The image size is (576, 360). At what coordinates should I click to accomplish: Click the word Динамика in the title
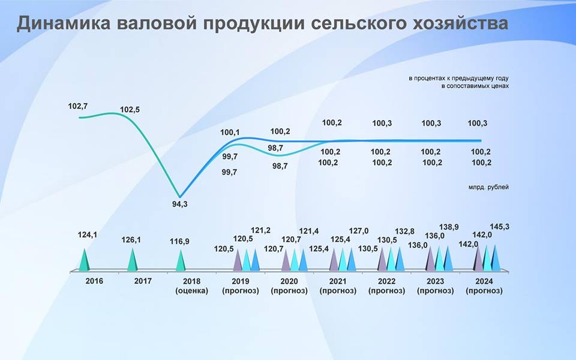[x=63, y=23]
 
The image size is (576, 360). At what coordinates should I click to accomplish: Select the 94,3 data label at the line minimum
[x=179, y=204]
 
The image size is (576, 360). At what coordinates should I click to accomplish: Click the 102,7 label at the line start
[x=78, y=106]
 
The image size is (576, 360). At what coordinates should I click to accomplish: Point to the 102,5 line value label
[x=130, y=109]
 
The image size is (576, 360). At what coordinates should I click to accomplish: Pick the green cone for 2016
[x=85, y=260]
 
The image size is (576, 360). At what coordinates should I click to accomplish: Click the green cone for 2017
[x=132, y=260]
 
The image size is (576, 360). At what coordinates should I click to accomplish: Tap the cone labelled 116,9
[x=180, y=260]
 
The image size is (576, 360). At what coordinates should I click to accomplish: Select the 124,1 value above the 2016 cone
[x=88, y=235]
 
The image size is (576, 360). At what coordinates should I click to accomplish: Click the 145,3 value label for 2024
[x=499, y=227]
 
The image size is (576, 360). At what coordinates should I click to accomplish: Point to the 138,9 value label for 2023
[x=449, y=227]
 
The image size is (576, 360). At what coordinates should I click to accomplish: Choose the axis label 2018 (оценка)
[x=192, y=286]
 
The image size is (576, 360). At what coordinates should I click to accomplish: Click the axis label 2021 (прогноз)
[x=338, y=286]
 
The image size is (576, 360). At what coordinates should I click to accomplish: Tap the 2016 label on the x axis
[x=94, y=281]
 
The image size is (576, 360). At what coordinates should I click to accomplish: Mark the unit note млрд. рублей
[x=488, y=187]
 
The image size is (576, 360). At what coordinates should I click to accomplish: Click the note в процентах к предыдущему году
[x=458, y=78]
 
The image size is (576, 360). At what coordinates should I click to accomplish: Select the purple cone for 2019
[x=238, y=260]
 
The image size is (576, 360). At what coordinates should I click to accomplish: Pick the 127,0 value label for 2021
[x=359, y=230]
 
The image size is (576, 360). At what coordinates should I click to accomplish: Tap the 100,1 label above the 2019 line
[x=230, y=132]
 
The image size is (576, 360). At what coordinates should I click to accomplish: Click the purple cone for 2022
[x=382, y=259]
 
